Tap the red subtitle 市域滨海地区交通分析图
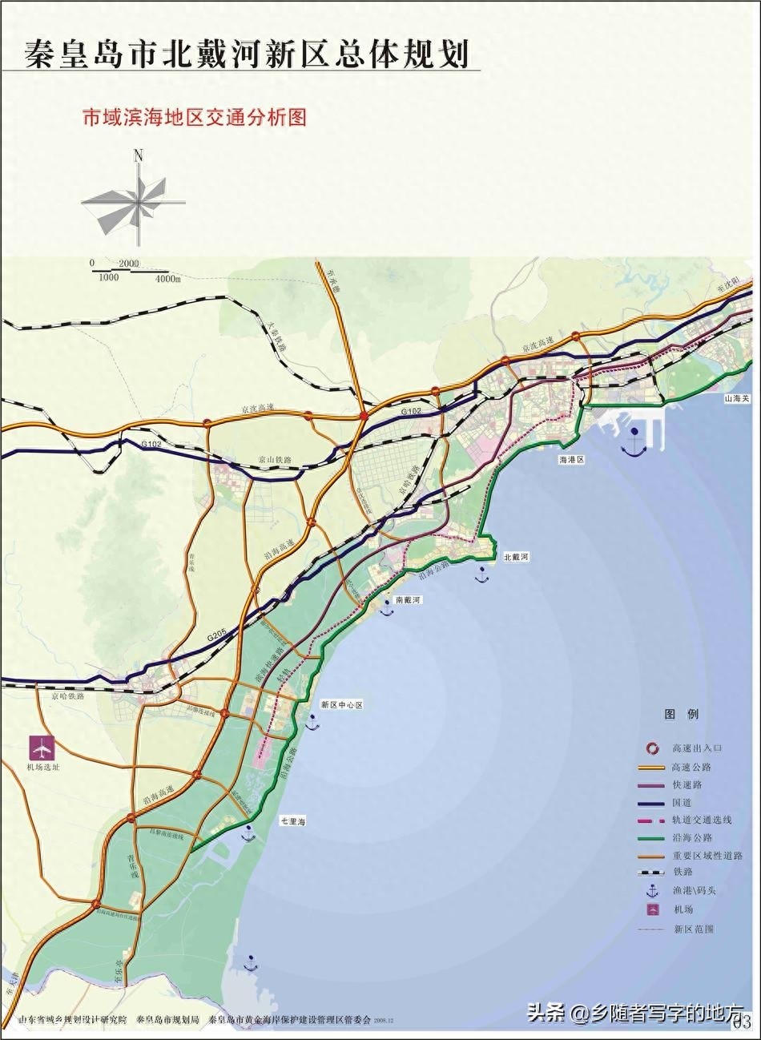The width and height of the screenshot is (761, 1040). [x=195, y=118]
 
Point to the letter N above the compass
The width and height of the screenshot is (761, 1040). [x=139, y=156]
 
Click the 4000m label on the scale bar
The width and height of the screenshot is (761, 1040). [x=168, y=278]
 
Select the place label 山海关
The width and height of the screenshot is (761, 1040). [x=735, y=397]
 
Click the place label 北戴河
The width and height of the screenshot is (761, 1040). [x=517, y=555]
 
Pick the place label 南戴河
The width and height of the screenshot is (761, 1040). [x=408, y=599]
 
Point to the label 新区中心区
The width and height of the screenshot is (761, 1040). [x=342, y=704]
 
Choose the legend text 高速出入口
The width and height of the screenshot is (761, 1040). [x=697, y=748]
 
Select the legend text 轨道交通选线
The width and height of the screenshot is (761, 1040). [x=703, y=820]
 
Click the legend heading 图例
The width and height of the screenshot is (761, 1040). [x=682, y=714]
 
